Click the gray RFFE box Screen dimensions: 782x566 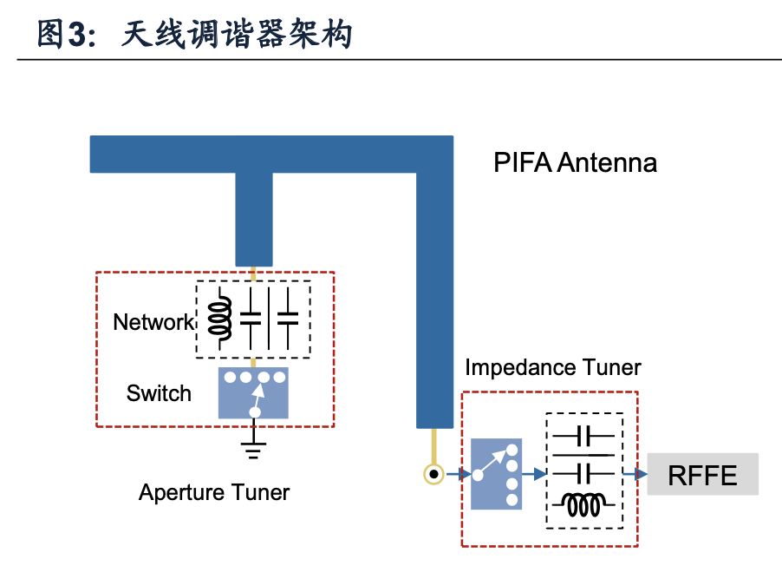tap(702, 474)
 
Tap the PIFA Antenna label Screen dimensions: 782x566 tap(575, 162)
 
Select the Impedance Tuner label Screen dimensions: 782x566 tap(552, 368)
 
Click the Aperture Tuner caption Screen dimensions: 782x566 tap(214, 492)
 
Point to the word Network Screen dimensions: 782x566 tap(153, 322)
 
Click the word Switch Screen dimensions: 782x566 tap(159, 393)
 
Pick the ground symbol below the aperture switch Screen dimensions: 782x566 tap(253, 448)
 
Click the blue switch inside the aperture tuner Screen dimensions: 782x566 tap(253, 392)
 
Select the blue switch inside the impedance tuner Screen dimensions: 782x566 tap(496, 474)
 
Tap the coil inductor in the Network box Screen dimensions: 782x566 tap(220, 318)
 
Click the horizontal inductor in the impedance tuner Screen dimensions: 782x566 tap(583, 504)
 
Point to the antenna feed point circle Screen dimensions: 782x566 tap(433, 474)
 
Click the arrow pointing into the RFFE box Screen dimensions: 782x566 tap(635, 474)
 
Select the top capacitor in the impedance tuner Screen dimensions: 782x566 tap(583, 436)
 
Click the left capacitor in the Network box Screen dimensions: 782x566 tap(251, 319)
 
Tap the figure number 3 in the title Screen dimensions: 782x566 tap(77, 35)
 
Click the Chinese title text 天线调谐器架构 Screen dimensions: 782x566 tap(237, 34)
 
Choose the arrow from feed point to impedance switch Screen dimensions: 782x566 tap(459, 474)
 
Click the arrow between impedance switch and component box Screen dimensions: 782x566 tap(534, 474)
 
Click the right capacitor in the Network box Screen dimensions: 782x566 tap(288, 319)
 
